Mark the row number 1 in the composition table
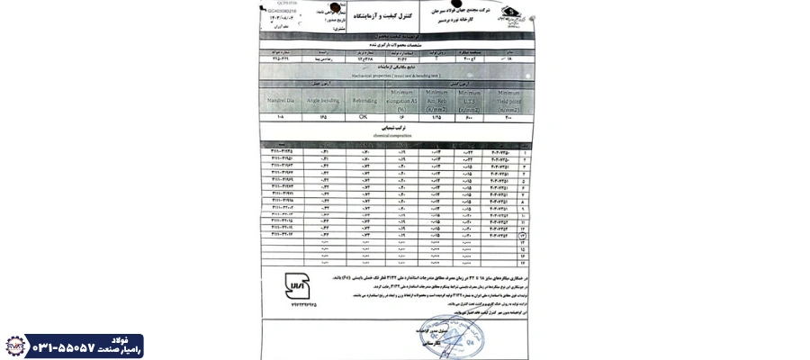coord(523,150)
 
